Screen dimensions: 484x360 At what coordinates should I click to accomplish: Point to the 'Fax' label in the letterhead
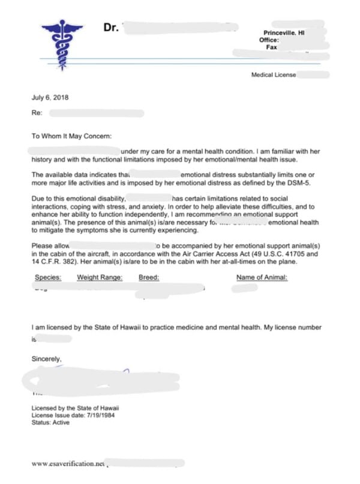point(271,47)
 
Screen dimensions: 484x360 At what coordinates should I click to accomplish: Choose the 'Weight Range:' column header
point(100,277)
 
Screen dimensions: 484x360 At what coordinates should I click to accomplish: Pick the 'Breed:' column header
point(149,277)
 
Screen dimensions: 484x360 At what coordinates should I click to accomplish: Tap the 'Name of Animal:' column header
point(262,277)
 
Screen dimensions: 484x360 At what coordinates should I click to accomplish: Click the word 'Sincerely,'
point(47,359)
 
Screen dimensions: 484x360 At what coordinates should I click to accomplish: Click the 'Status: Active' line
point(50,422)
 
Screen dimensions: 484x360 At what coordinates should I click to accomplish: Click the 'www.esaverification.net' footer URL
point(67,464)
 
